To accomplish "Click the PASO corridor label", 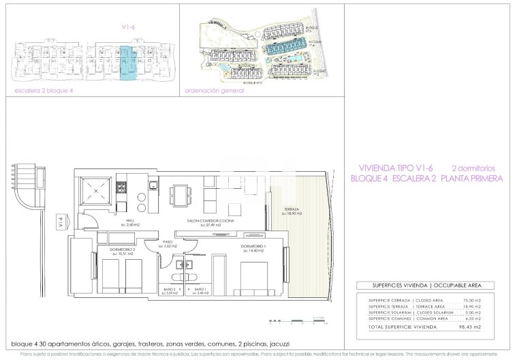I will point(167,243).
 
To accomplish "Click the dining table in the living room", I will point(180,196).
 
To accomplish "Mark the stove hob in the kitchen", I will point(122,185).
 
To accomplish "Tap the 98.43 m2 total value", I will point(470,327).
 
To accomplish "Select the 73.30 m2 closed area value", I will point(471,301).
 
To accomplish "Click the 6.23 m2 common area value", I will point(471,318).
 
